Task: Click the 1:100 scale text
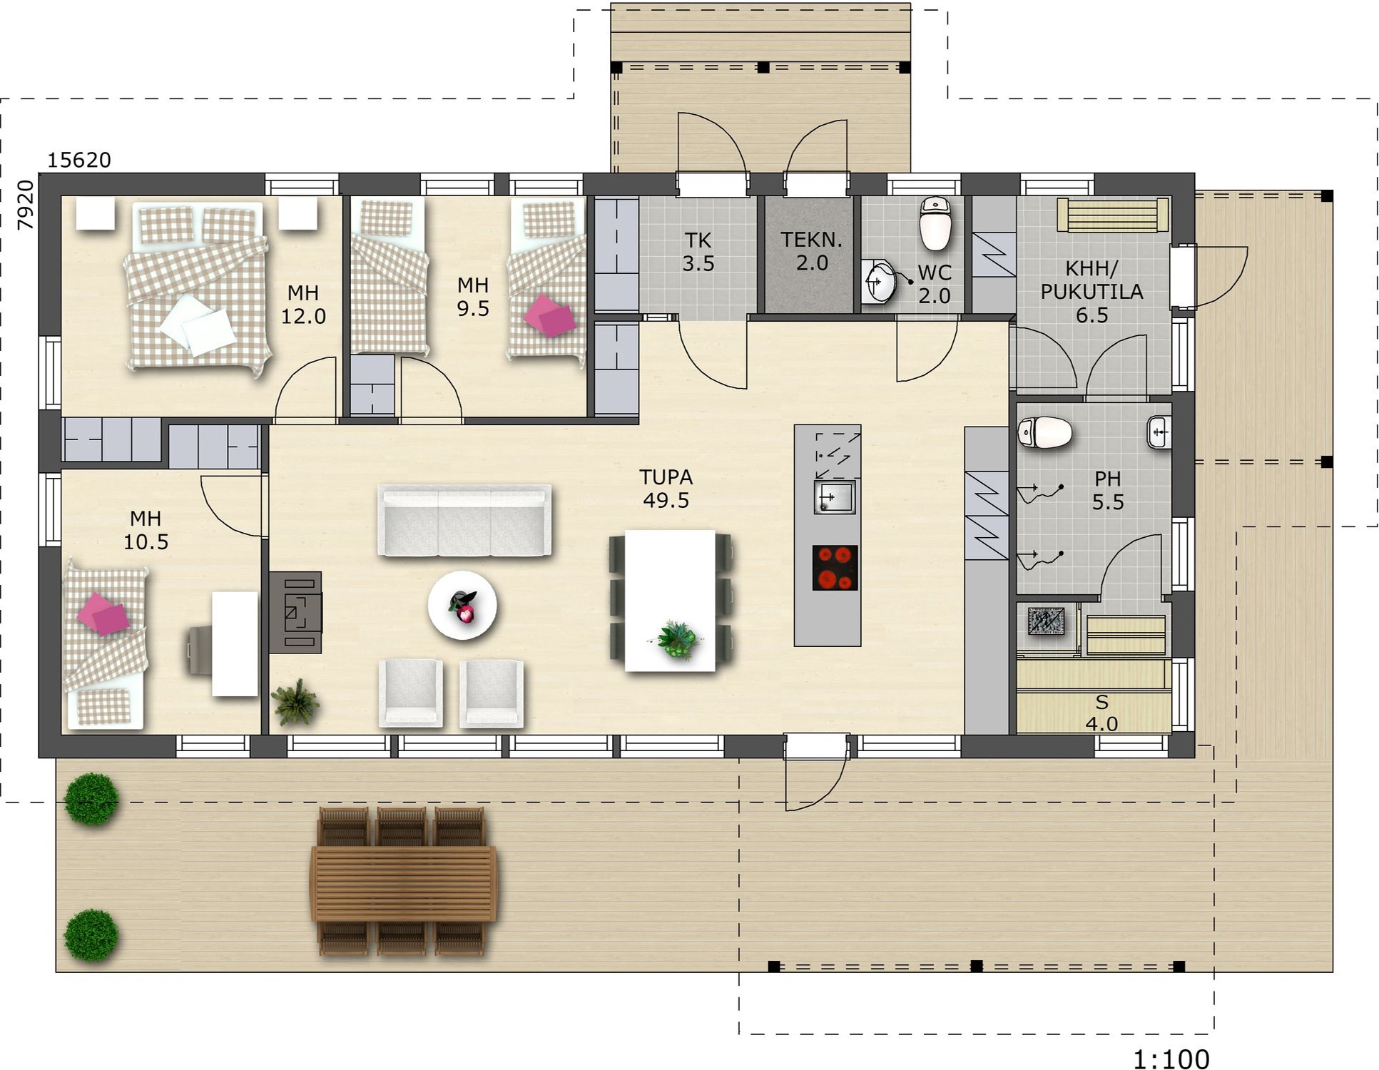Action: [x=1171, y=1059]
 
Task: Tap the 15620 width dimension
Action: [x=79, y=160]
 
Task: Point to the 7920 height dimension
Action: [x=26, y=205]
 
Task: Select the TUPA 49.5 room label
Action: [x=666, y=489]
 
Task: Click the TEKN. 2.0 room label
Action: [x=811, y=251]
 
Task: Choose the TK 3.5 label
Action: [x=698, y=252]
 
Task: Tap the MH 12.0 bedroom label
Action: [x=303, y=305]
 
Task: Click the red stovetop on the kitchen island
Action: [x=835, y=568]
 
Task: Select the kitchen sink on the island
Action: [x=835, y=497]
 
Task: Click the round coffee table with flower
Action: [x=462, y=606]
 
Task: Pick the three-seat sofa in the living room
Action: [x=464, y=521]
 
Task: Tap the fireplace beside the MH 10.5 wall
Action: [x=295, y=612]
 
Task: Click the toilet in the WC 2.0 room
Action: [x=935, y=223]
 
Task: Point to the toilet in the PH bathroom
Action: [x=1044, y=432]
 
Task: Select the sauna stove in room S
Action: [x=1047, y=621]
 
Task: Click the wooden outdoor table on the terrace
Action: [x=404, y=882]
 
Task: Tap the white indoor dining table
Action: [x=670, y=601]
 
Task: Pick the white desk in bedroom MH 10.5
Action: [x=235, y=644]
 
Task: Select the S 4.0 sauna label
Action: [x=1101, y=713]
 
